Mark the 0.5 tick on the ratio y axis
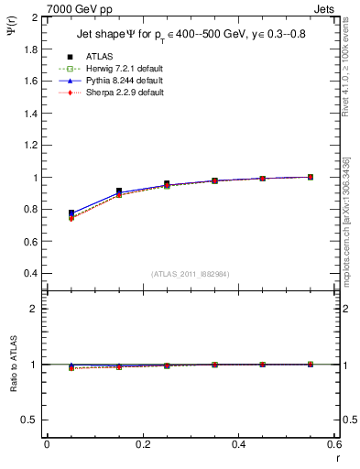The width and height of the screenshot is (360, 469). [32, 420]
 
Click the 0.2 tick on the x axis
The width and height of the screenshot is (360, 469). [142, 444]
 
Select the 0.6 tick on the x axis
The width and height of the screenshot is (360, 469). [333, 444]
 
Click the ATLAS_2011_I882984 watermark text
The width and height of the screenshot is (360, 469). [191, 275]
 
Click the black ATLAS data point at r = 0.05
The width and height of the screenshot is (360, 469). [71, 213]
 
